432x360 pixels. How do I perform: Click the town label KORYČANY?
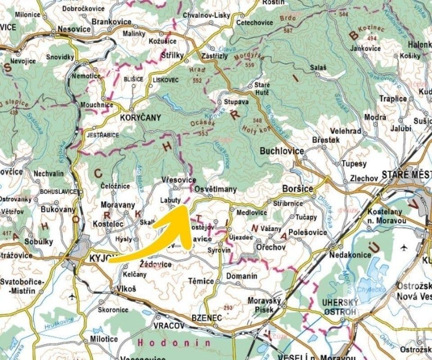[x=140, y=117]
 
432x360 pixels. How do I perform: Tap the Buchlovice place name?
[x=282, y=151]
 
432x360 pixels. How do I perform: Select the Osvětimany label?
[x=215, y=190]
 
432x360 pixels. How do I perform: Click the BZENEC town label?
[x=207, y=318]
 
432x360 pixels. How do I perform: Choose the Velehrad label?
[x=346, y=131]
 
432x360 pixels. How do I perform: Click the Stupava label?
[x=237, y=102]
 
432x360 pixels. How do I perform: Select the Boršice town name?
[x=297, y=189]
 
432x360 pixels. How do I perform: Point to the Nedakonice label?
[x=350, y=255]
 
